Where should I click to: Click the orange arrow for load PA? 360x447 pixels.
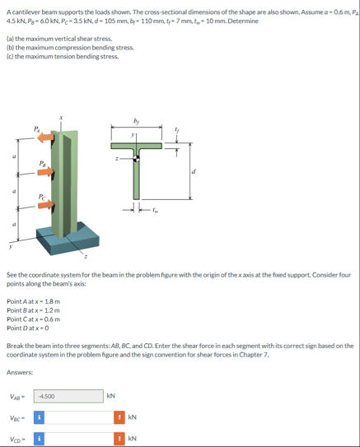pyautogui.click(x=45, y=137)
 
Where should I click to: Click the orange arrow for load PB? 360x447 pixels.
pyautogui.click(x=46, y=171)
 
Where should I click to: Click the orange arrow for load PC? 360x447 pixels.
pyautogui.click(x=46, y=204)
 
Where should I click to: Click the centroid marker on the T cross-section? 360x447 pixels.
pyautogui.click(x=137, y=159)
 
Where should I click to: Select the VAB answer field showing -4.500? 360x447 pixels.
pyautogui.click(x=68, y=396)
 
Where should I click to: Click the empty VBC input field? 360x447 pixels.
pyautogui.click(x=79, y=417)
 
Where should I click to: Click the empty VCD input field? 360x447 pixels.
pyautogui.click(x=79, y=439)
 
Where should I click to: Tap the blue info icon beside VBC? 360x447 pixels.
pyautogui.click(x=39, y=417)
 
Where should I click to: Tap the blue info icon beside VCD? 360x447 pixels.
pyautogui.click(x=39, y=439)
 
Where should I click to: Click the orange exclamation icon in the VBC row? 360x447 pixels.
pyautogui.click(x=119, y=417)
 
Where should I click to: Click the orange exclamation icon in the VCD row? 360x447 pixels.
pyautogui.click(x=119, y=439)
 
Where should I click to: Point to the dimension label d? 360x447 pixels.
pyautogui.click(x=194, y=171)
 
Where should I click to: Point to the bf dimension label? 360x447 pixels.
pyautogui.click(x=136, y=121)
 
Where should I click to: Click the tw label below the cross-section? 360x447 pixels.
pyautogui.click(x=155, y=211)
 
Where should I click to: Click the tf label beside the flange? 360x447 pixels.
pyautogui.click(x=176, y=130)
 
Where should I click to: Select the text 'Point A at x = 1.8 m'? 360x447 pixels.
pyautogui.click(x=34, y=301)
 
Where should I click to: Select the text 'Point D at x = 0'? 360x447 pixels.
pyautogui.click(x=28, y=328)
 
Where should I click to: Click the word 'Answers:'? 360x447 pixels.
pyautogui.click(x=20, y=372)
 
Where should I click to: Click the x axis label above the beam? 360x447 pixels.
pyautogui.click(x=61, y=117)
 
